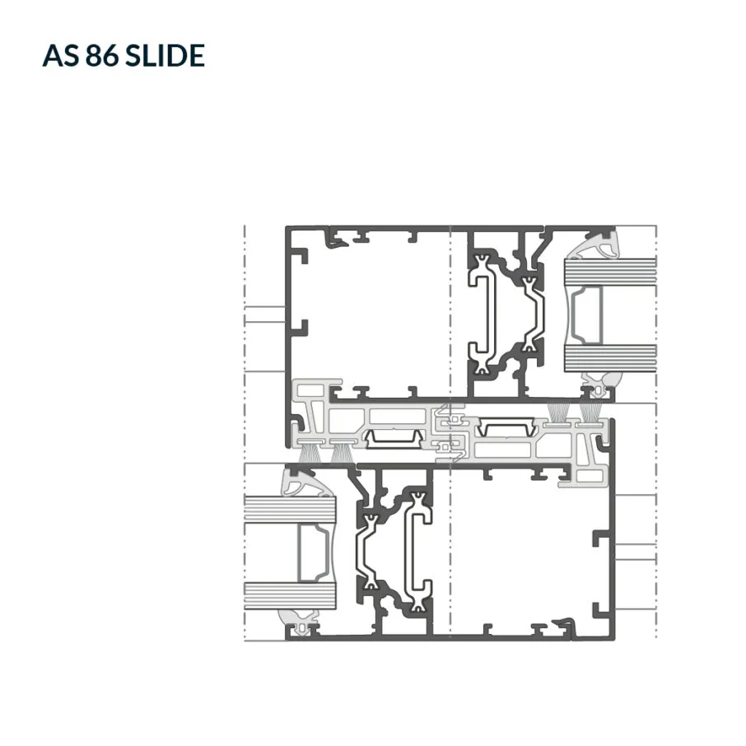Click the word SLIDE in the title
coord(165,55)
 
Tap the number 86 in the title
coord(102,55)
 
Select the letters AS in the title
coord(61,55)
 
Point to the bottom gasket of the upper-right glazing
coord(600,384)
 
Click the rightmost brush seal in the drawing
coord(590,413)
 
